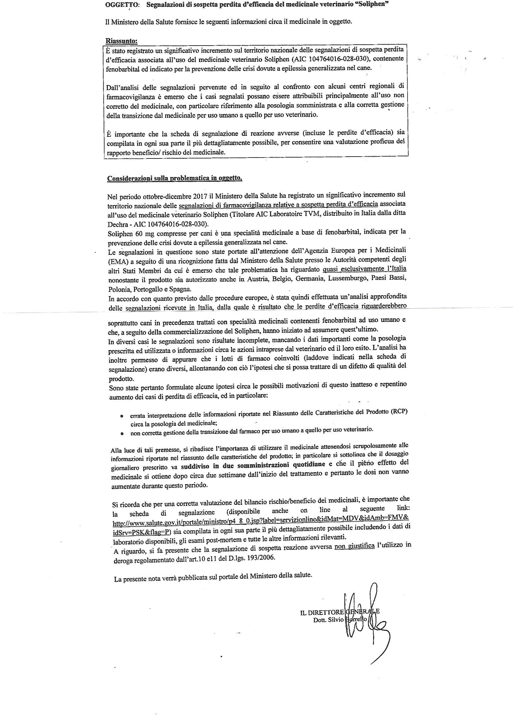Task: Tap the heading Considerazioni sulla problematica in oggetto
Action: point(175,178)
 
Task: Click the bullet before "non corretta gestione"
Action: point(122,434)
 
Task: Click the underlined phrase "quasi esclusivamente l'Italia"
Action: point(364,269)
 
